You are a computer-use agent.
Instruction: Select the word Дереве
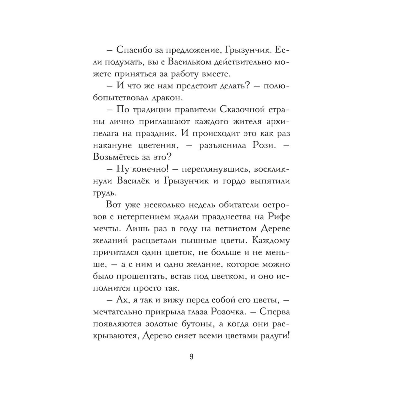(x=275, y=228)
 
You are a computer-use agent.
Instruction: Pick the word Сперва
(x=275, y=312)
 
